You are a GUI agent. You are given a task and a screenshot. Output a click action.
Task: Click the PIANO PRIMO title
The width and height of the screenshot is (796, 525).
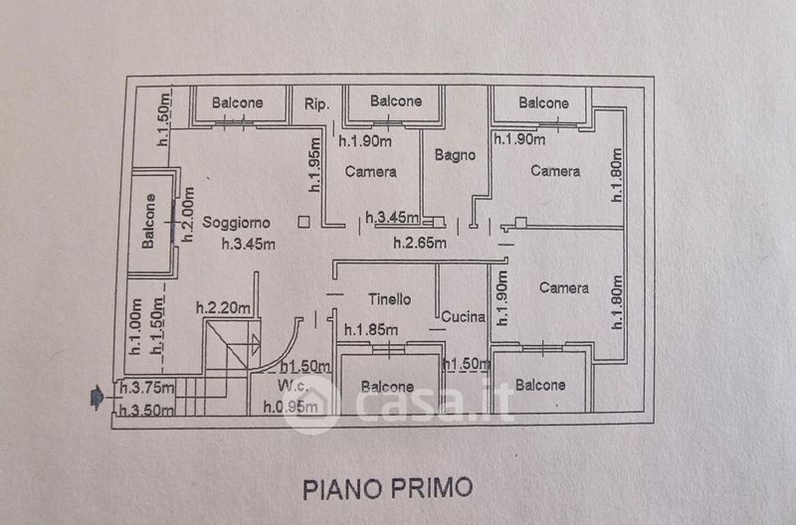387,488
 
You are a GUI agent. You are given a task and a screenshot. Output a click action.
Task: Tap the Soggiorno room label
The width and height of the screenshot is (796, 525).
237,223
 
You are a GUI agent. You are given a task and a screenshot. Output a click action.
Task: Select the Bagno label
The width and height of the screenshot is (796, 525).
455,155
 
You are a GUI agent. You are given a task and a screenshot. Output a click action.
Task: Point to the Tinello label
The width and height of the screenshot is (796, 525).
389,298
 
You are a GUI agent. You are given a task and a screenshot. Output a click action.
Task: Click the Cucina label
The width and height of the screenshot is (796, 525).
463,318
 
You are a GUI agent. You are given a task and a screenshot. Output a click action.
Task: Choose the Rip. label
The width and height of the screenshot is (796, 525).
316,102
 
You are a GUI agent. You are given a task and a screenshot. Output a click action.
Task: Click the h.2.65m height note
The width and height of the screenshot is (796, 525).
419,242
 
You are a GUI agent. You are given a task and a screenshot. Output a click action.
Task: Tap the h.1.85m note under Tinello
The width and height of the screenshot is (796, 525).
371,330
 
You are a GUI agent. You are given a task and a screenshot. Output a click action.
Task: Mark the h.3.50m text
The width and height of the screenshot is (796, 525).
146,410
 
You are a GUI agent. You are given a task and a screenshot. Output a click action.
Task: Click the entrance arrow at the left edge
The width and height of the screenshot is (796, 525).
96,399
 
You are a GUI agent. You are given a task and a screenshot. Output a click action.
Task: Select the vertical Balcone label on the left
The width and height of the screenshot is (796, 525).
147,222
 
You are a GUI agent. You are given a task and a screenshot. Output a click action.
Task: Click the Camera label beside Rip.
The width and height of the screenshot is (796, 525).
370,171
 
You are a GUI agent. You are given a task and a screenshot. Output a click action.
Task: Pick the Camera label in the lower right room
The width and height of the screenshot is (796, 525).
563,288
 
